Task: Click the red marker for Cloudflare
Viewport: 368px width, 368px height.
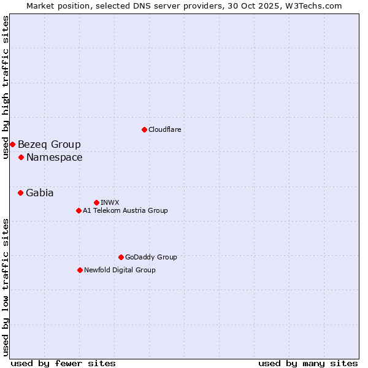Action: pyautogui.click(x=144, y=129)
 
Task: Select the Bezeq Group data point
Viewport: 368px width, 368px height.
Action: pyautogui.click(x=12, y=144)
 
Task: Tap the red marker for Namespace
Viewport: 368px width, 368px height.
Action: pyautogui.click(x=21, y=157)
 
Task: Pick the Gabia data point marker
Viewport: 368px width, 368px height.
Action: pyautogui.click(x=20, y=193)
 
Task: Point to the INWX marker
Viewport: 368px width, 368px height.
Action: pyautogui.click(x=96, y=202)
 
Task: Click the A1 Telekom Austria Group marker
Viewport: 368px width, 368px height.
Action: pyautogui.click(x=79, y=210)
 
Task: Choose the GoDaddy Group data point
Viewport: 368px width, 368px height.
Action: pyautogui.click(x=121, y=257)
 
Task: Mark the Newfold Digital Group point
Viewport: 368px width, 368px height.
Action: pyautogui.click(x=80, y=270)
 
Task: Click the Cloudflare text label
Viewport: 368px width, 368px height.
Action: pyautogui.click(x=164, y=129)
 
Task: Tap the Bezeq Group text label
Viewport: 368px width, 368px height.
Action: pyautogui.click(x=49, y=145)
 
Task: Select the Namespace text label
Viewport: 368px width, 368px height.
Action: pyautogui.click(x=54, y=158)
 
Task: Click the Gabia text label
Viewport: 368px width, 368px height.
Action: pyautogui.click(x=39, y=193)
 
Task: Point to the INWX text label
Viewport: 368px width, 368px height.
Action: pyautogui.click(x=110, y=202)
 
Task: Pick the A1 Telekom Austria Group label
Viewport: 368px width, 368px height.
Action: pyautogui.click(x=125, y=210)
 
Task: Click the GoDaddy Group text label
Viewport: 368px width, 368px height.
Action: pyautogui.click(x=151, y=257)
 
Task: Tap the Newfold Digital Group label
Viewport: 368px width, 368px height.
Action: pyautogui.click(x=120, y=270)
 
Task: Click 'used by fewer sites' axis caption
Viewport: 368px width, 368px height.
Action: pyautogui.click(x=63, y=363)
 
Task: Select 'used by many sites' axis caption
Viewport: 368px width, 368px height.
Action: pyautogui.click(x=308, y=363)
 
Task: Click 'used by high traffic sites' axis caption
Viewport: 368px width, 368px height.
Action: pyautogui.click(x=6, y=87)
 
